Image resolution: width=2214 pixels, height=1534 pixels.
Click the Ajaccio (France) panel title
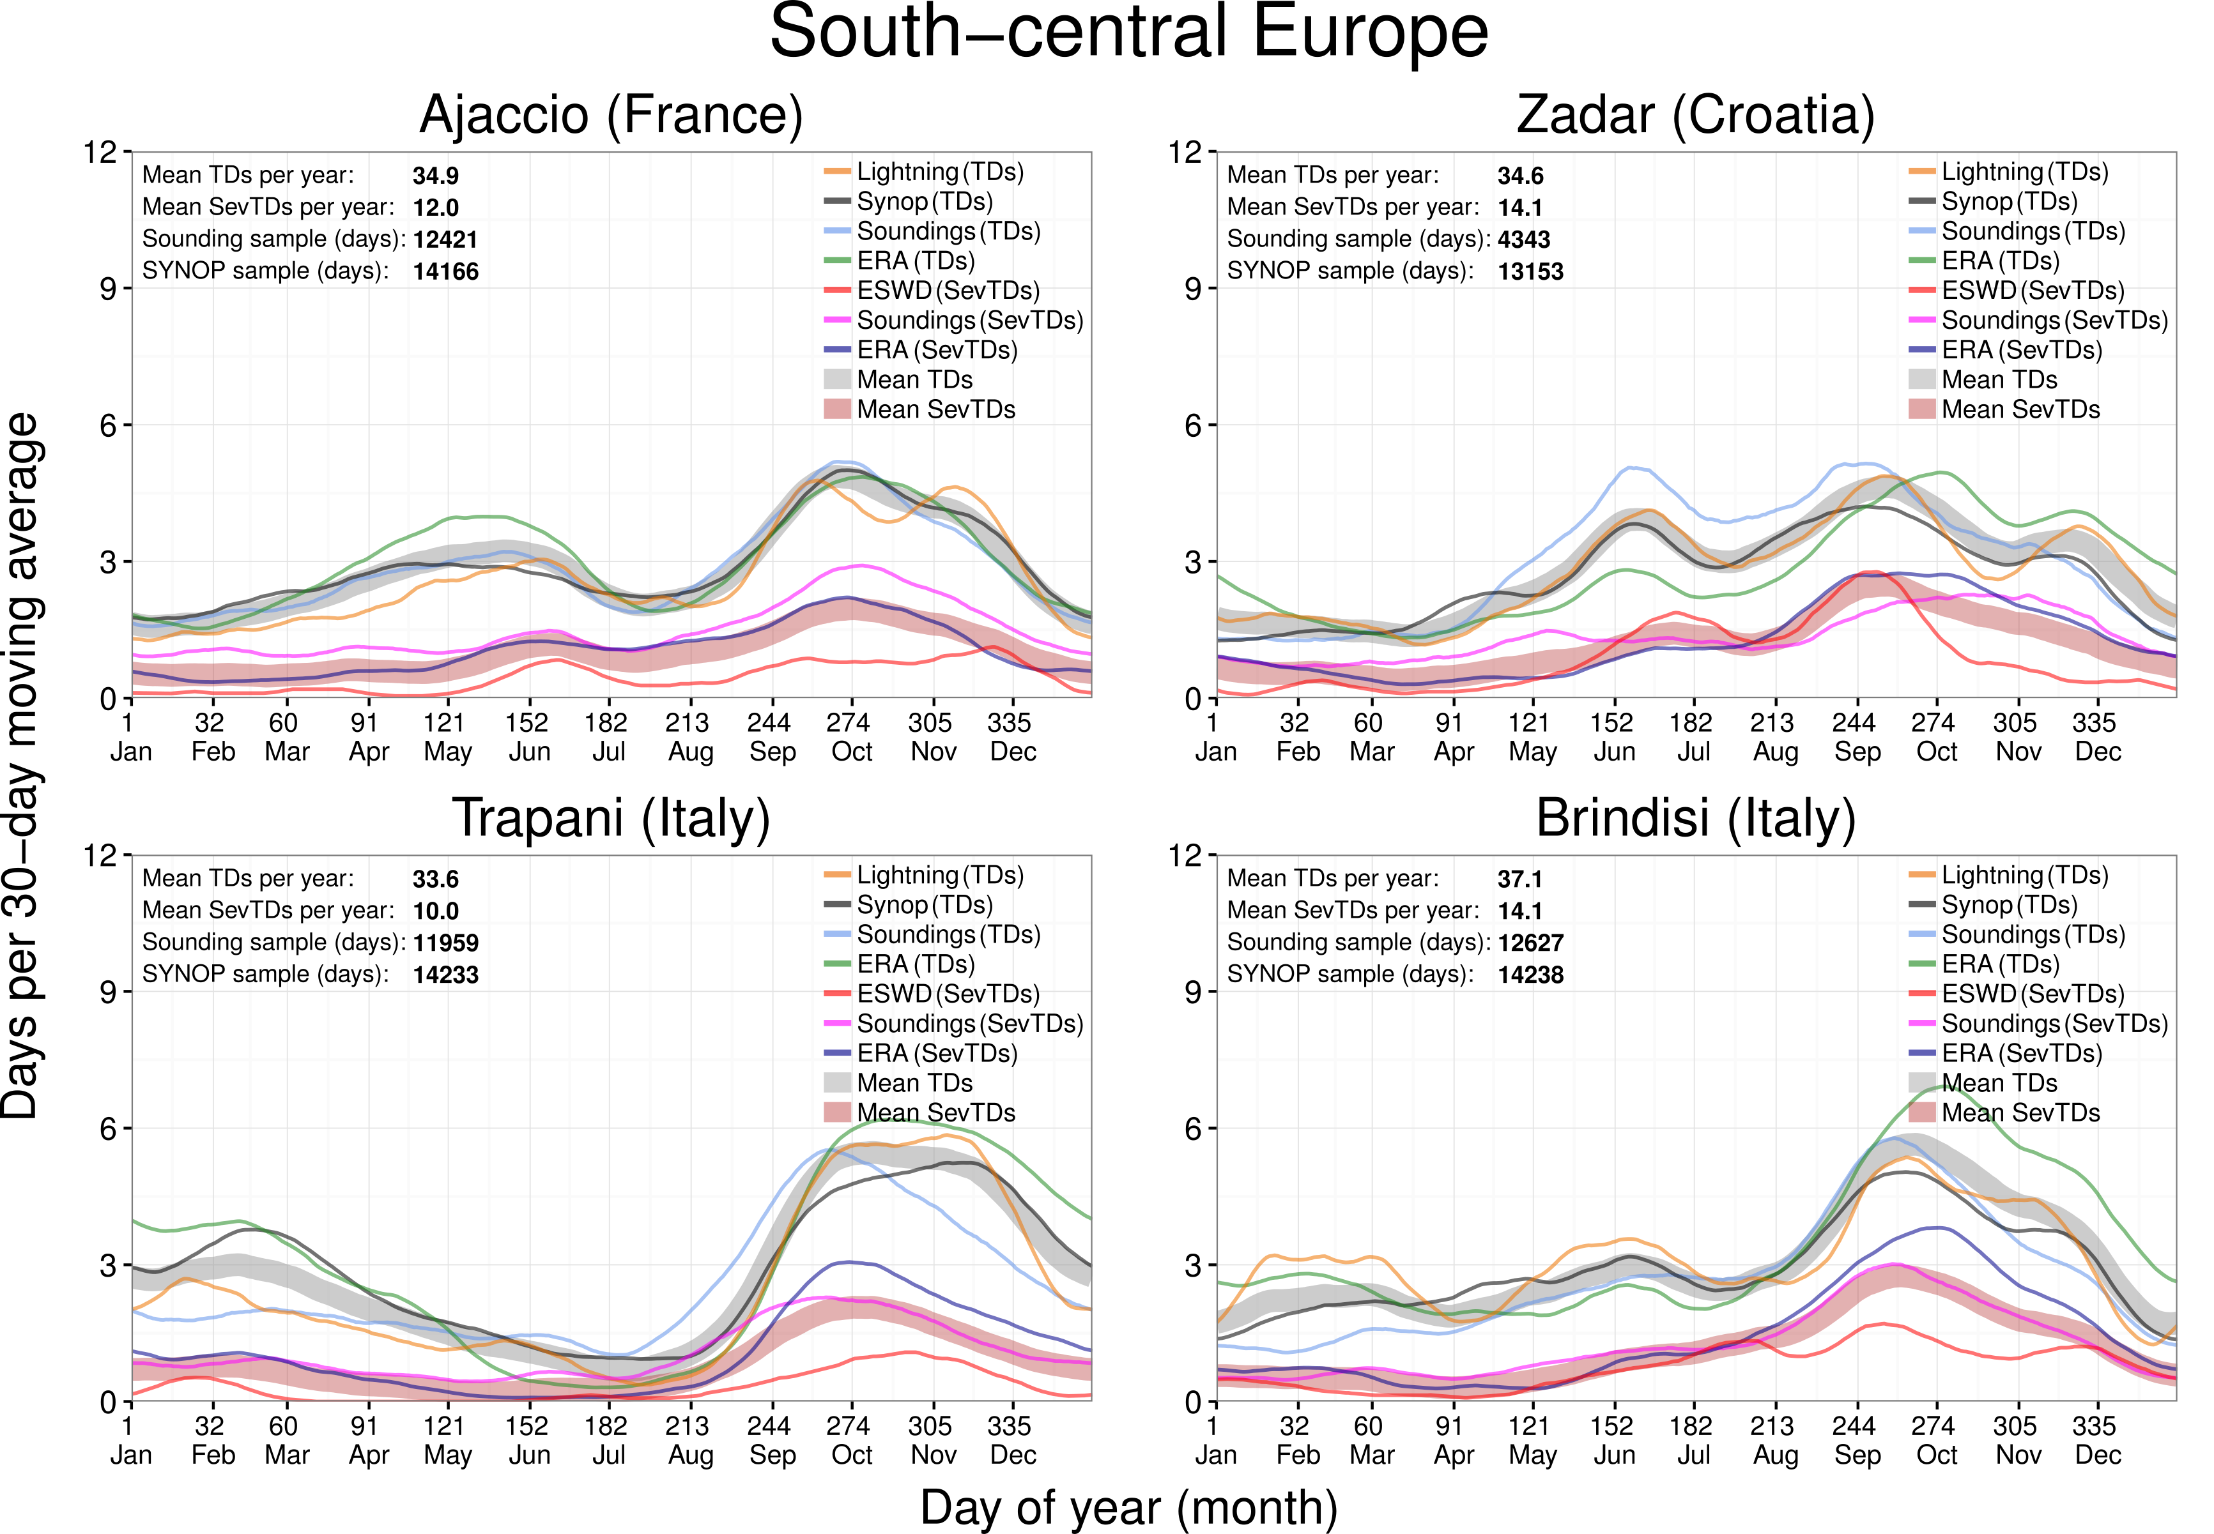coord(611,116)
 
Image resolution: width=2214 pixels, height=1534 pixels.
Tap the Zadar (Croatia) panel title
coord(1696,116)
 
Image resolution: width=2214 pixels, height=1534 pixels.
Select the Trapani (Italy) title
coord(611,819)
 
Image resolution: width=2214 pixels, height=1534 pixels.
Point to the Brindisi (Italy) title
coord(1696,819)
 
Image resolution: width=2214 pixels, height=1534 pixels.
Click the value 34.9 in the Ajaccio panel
coord(436,176)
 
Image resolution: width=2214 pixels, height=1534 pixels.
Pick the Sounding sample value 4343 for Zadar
coord(1524,239)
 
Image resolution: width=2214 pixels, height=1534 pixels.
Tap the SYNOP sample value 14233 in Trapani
coord(445,975)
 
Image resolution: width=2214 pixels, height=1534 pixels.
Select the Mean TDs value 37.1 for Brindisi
coord(1520,879)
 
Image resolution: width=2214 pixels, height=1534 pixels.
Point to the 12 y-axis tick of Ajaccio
coord(99,152)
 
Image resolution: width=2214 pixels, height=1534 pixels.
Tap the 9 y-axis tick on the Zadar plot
coord(1193,289)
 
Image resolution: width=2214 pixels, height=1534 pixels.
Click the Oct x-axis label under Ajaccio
coord(852,752)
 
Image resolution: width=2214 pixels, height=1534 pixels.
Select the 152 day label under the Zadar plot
coord(1611,723)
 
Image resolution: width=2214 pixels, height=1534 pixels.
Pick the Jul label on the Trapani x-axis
coord(608,1455)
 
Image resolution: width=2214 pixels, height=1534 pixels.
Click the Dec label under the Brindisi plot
coord(2098,1455)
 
